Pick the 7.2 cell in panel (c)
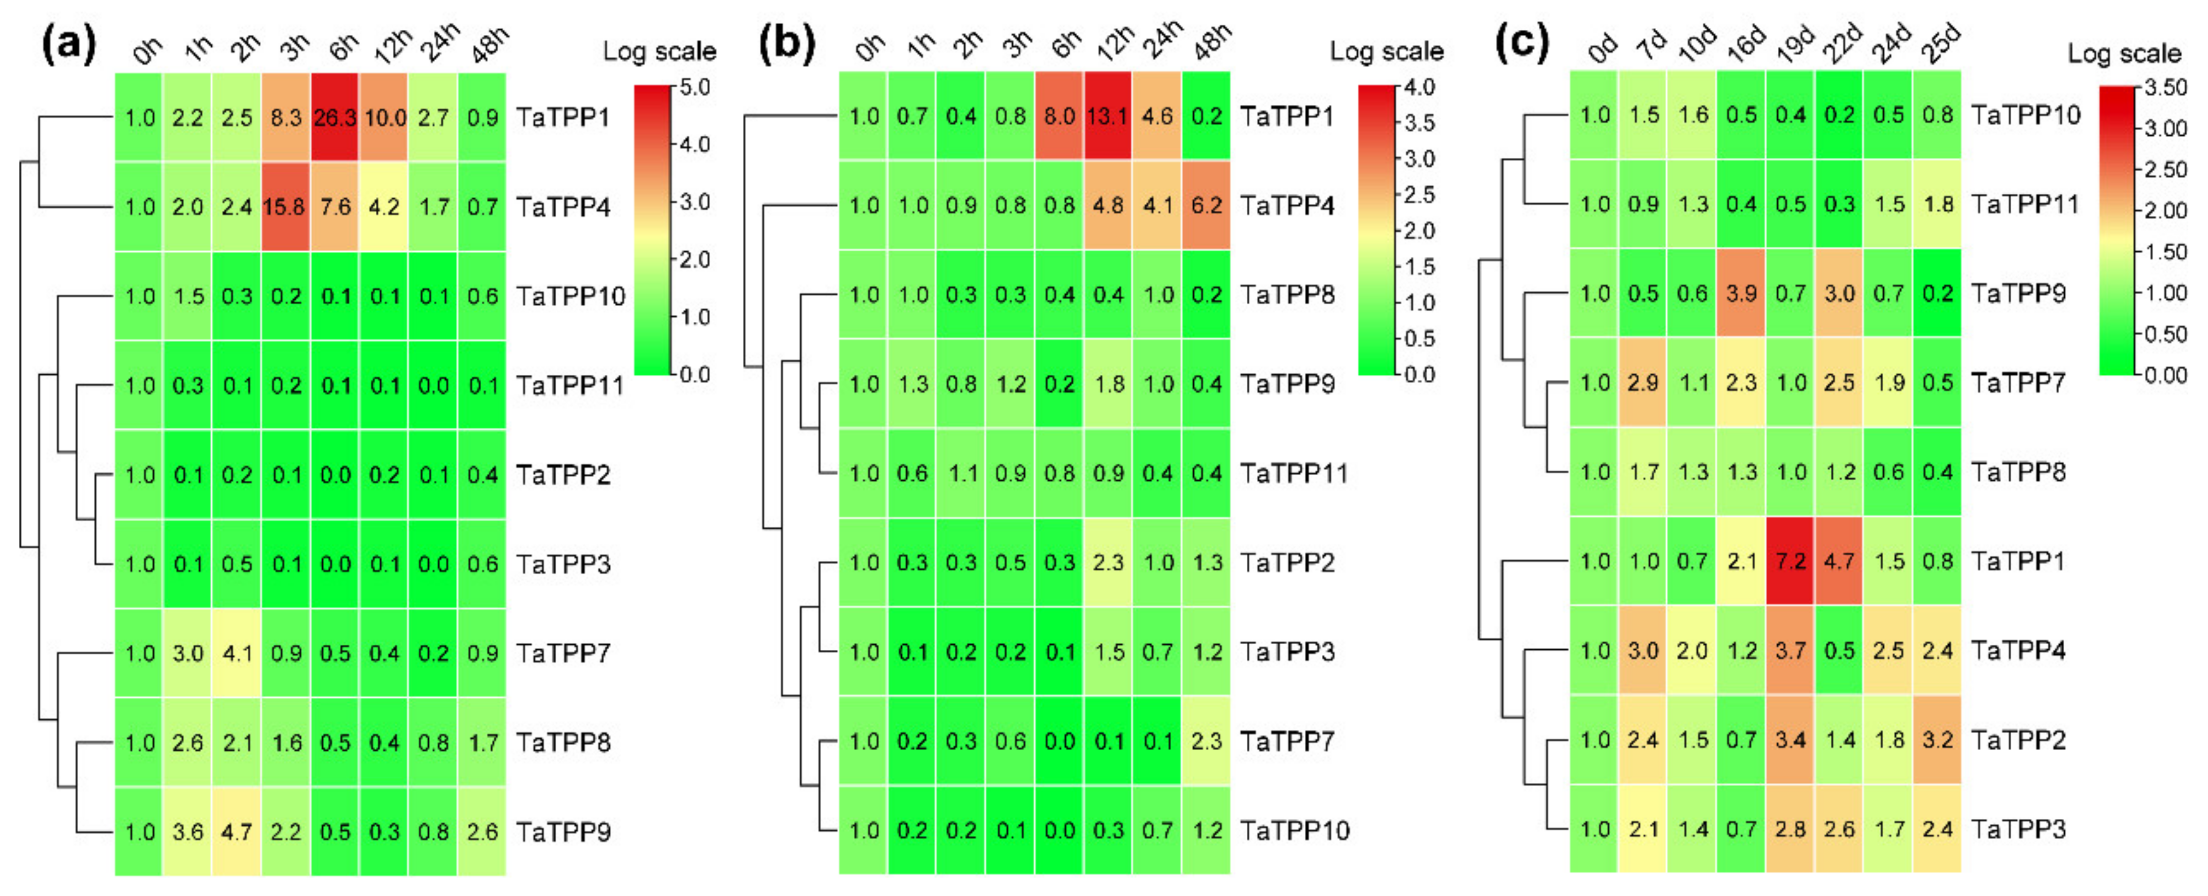(x=1790, y=562)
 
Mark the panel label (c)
(x=1522, y=43)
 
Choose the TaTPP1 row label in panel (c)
(x=2018, y=562)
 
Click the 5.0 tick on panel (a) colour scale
(x=695, y=87)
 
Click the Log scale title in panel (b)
(x=1386, y=51)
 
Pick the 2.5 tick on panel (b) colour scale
(x=1419, y=195)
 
